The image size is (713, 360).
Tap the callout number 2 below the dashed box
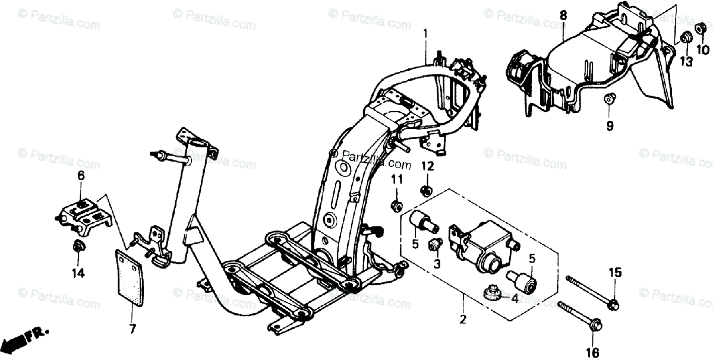coord(463,320)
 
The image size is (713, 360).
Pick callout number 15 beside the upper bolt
coord(614,273)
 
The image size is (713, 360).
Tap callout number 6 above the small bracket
coord(81,175)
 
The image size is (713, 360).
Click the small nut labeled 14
coord(78,245)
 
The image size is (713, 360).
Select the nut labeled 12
coord(425,191)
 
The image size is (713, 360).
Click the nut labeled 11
coord(396,206)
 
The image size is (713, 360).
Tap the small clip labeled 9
coord(609,99)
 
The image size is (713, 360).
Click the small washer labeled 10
coord(701,28)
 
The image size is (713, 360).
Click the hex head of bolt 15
coord(613,305)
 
